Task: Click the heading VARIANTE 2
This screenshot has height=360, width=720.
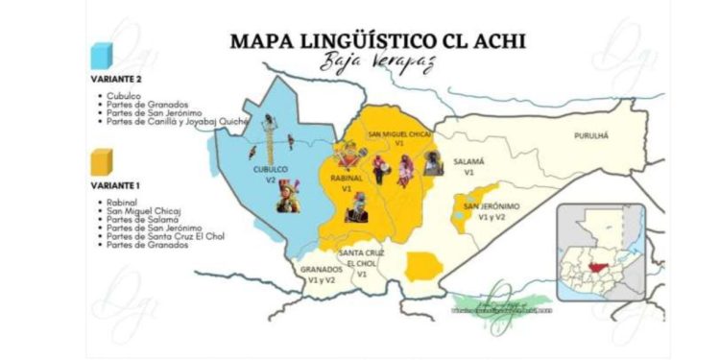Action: [x=117, y=79]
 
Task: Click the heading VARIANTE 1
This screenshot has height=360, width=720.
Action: [x=117, y=183]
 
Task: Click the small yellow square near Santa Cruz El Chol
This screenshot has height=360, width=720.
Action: [x=422, y=267]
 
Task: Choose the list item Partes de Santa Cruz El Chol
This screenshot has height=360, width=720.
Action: [x=159, y=236]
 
